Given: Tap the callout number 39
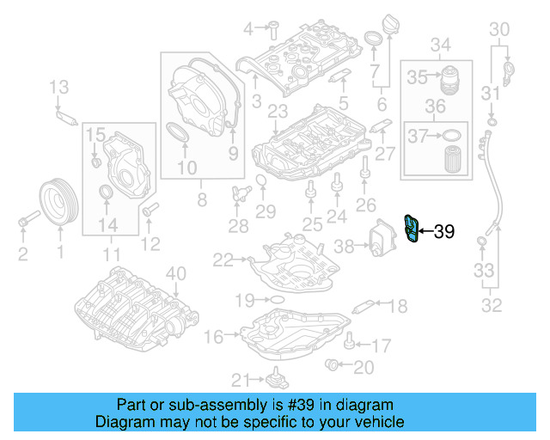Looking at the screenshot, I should (443, 230).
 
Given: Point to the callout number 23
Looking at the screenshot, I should (278, 112).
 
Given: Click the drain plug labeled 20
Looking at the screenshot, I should (333, 367).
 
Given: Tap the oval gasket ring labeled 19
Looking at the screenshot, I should (277, 300).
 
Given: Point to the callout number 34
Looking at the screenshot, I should (440, 44).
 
